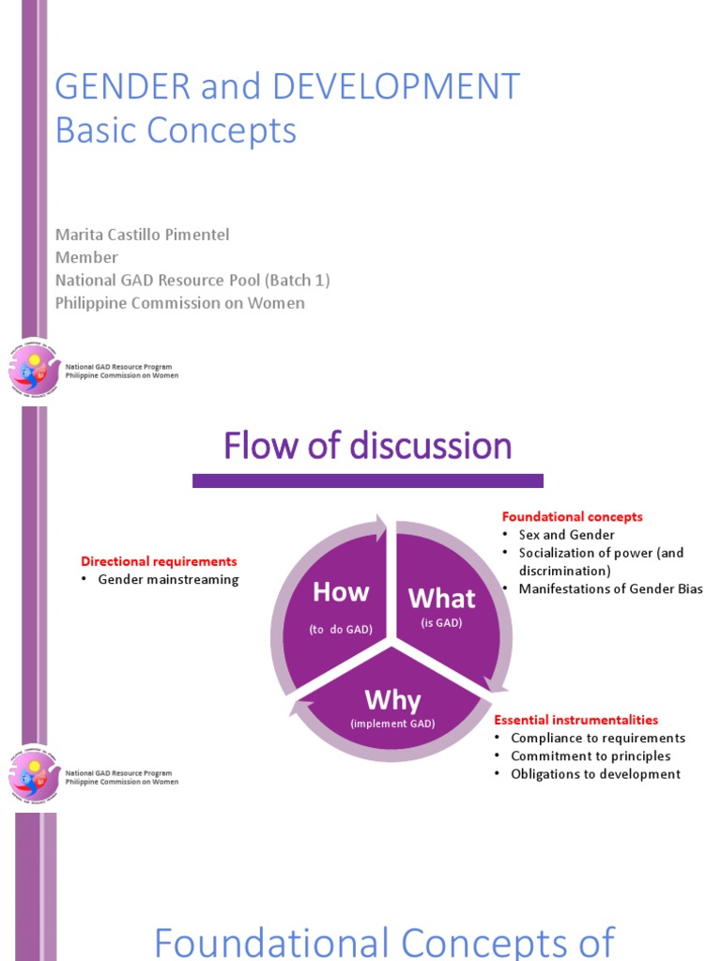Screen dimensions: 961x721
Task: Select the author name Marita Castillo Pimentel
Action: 142,234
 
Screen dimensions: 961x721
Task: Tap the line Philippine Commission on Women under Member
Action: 179,303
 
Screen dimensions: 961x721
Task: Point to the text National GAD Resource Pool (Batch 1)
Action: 192,280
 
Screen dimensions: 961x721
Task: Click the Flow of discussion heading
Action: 367,446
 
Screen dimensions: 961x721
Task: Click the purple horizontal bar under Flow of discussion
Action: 367,480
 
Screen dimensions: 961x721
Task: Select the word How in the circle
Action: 341,592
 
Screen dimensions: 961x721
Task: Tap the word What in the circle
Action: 442,598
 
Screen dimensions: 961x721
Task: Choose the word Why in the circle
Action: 392,700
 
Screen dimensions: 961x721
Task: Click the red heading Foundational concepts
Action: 572,517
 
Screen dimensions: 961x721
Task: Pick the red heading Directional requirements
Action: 159,561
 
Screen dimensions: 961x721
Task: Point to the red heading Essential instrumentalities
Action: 575,720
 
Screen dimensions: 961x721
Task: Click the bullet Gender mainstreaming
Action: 168,579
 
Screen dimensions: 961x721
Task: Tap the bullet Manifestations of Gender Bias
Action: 610,588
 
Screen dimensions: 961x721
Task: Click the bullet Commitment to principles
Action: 591,755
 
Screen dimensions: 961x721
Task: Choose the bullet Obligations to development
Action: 595,774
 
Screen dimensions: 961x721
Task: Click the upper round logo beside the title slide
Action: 35,368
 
